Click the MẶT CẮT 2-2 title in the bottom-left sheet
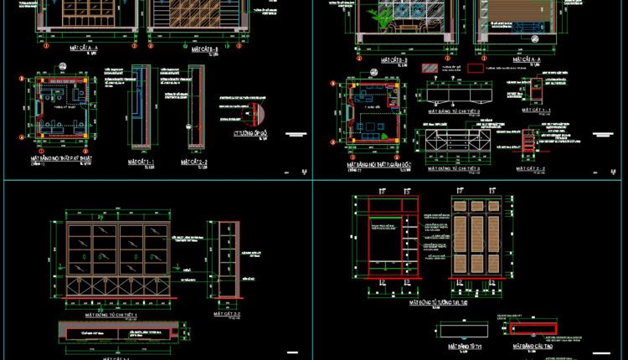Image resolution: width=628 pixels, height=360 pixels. tap(226, 311)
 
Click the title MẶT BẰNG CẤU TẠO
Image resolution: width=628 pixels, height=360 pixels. tap(530, 344)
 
